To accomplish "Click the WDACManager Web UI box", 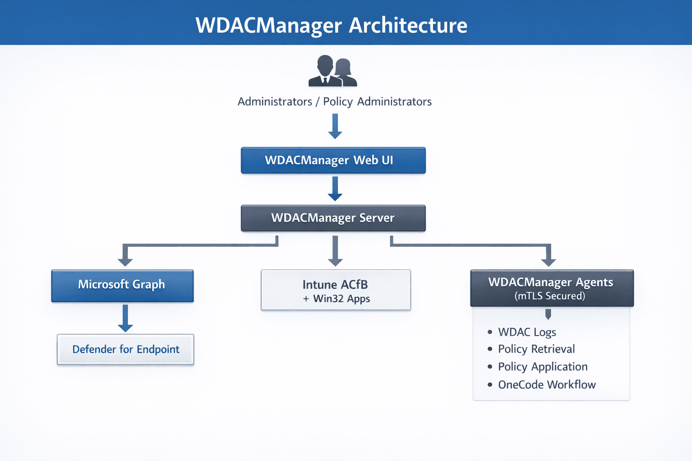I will tap(333, 160).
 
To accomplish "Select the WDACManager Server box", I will tap(333, 218).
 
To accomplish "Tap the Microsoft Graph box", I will tap(122, 285).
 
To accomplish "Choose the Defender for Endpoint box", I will tap(125, 349).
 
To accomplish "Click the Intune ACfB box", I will tap(336, 290).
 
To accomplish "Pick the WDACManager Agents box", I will tap(551, 288).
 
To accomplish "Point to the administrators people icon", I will tap(332, 71).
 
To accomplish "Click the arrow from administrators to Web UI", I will tap(335, 126).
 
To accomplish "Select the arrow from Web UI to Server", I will tap(335, 188).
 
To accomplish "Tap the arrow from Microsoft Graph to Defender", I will tap(125, 318).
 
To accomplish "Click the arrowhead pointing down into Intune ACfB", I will tap(335, 261).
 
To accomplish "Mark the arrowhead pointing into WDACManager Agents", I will tap(548, 261).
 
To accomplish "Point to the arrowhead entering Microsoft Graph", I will tap(125, 261).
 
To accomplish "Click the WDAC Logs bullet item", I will tap(527, 332).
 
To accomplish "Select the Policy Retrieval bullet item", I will tap(536, 349).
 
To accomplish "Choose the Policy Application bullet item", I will tap(542, 367).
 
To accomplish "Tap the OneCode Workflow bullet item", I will tap(546, 385).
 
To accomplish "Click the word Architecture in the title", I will tap(408, 25).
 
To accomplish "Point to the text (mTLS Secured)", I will tap(550, 296).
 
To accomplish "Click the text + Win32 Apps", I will tap(337, 299).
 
